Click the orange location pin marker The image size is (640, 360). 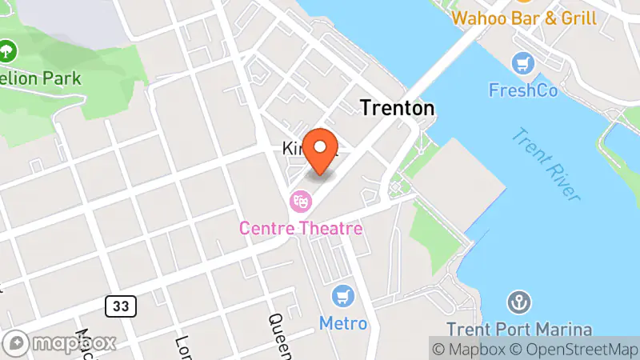pos(321,150)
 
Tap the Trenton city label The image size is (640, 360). pos(397,108)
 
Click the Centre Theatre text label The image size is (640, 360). pos(301,229)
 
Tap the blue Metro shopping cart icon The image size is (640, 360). pos(345,296)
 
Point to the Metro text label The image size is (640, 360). pos(343,323)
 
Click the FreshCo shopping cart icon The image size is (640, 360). pos(524,62)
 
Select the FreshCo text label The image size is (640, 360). pos(524,90)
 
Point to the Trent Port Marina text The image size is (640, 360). pos(519,329)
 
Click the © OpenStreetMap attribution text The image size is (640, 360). pos(574,349)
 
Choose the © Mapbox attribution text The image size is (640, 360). pos(467,349)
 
